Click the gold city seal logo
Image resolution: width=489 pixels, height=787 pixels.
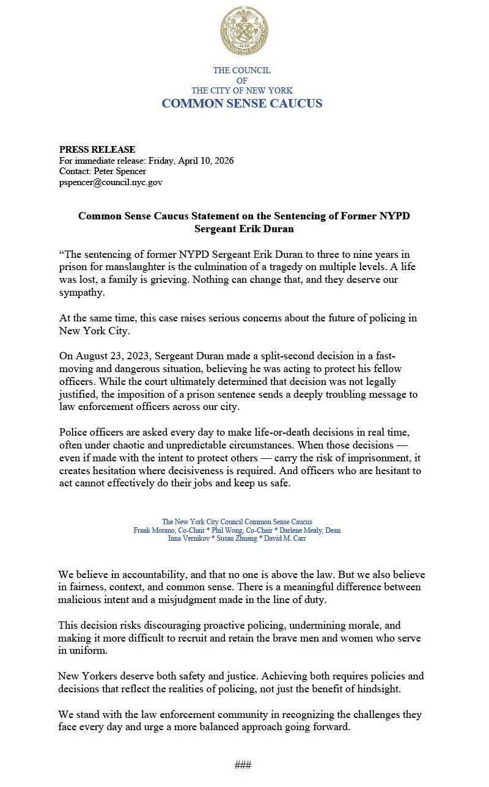tap(243, 31)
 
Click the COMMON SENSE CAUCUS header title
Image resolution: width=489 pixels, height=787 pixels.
tap(242, 103)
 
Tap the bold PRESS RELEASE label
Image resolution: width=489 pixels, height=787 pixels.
tap(97, 150)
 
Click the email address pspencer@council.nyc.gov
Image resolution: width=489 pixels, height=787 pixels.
tap(111, 182)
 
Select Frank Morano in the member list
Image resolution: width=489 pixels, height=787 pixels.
tap(153, 530)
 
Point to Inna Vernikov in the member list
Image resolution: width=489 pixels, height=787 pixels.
tap(186, 539)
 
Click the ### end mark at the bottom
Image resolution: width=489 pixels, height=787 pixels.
tap(243, 765)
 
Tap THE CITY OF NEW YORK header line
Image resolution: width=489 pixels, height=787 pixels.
tap(242, 90)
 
